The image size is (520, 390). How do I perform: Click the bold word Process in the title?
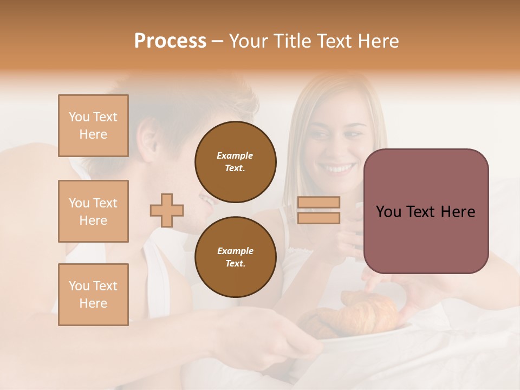pos(170,41)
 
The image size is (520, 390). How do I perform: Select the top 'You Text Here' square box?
pos(93,126)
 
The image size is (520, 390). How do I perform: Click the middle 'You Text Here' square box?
pos(93,211)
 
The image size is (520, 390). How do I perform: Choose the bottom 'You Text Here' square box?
pos(93,295)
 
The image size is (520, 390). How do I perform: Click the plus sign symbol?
pos(167,210)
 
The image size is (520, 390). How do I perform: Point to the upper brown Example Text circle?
pos(235,161)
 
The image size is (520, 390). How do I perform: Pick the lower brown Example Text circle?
pos(235,257)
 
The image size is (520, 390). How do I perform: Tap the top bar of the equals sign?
pos(318,202)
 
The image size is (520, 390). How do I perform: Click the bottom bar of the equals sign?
pos(318,218)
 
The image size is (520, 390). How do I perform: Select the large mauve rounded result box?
pos(426,211)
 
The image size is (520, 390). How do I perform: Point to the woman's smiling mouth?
pos(340,168)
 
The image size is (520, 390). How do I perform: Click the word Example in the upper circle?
pos(235,155)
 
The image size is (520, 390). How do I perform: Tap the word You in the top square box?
pos(79,117)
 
